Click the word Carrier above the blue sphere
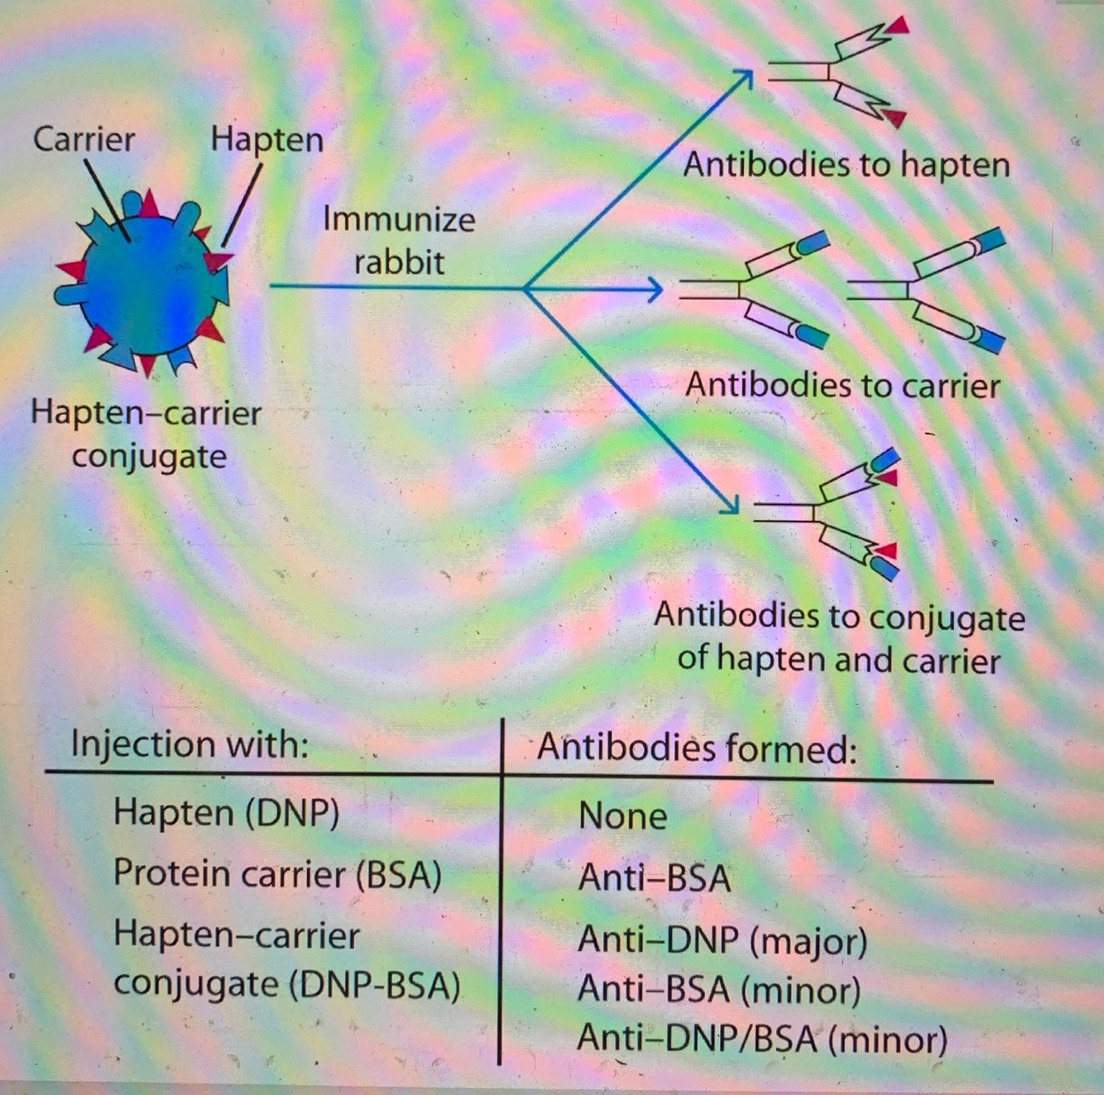[84, 138]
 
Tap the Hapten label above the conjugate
[266, 138]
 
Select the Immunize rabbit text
[399, 240]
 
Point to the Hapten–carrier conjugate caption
[146, 434]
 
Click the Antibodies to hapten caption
[846, 165]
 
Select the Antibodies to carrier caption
[842, 386]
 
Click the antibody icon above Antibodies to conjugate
[828, 513]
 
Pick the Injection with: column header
[190, 743]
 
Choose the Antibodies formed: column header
[697, 747]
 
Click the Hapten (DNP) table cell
[226, 813]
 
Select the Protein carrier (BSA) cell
[277, 873]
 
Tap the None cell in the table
[622, 816]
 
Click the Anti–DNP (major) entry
[722, 939]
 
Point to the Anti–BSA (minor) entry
[718, 989]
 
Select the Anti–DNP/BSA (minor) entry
[761, 1039]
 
